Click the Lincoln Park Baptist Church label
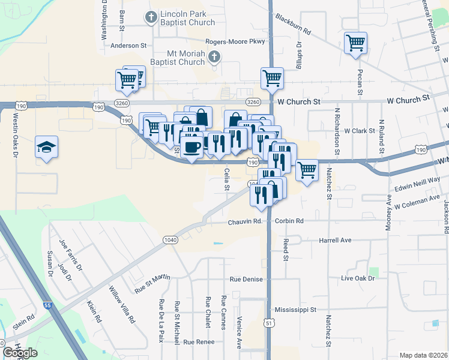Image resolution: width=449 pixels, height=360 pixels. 187,18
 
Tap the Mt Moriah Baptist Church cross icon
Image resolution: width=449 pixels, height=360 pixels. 214,57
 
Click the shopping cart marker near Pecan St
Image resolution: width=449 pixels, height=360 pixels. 355,43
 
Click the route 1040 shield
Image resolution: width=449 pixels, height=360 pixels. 170,239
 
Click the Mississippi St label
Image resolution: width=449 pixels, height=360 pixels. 295,310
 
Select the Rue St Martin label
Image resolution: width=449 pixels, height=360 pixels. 152,283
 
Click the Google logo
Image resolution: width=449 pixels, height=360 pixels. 20,353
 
